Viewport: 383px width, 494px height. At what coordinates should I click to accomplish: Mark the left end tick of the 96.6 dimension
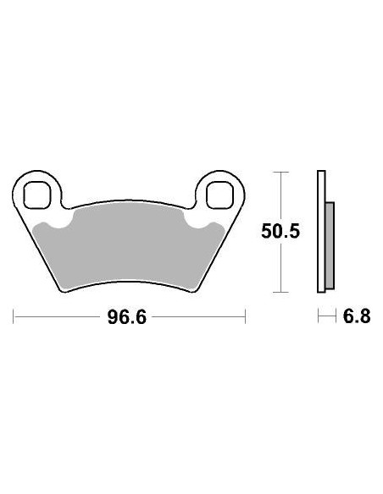point(14,318)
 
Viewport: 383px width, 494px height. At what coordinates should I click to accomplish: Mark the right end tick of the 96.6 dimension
point(245,318)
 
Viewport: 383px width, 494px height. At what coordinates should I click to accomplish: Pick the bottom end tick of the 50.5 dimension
point(280,293)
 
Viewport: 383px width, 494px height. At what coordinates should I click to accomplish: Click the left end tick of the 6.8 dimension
point(318,318)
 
